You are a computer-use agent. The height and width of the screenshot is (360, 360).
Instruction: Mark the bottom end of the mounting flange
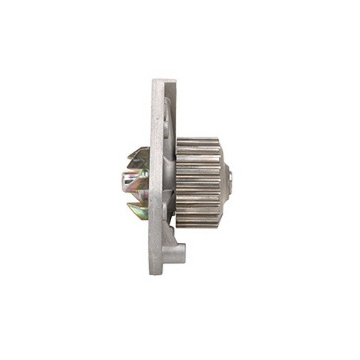click(x=157, y=268)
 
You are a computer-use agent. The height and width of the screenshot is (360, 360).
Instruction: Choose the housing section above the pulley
click(x=169, y=120)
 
